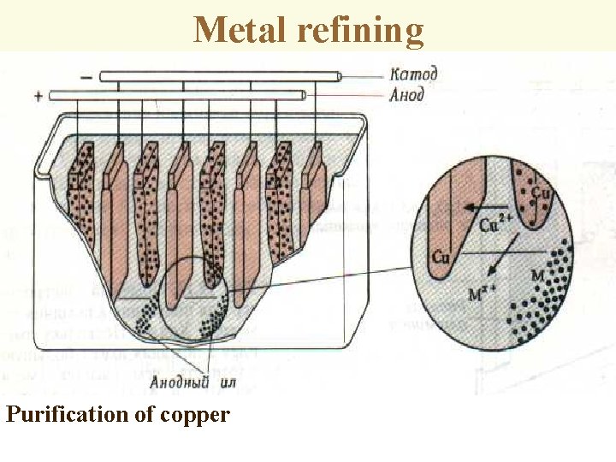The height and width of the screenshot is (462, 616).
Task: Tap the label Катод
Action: coord(413,74)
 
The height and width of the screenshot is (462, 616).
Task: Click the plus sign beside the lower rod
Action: coord(38,96)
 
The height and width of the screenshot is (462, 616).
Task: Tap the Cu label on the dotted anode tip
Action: coord(540,192)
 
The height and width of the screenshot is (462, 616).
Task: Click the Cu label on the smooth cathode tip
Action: coord(441,256)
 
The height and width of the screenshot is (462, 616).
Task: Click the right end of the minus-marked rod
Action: coord(340,76)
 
